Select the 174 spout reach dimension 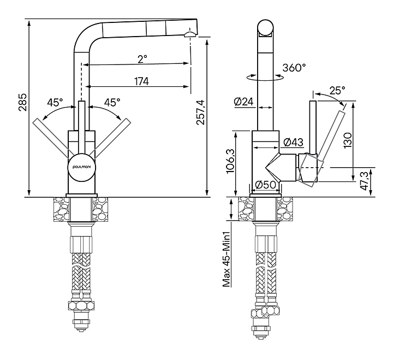tap(141, 81)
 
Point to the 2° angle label tap(142, 58)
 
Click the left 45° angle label tap(55, 102)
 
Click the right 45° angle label tap(111, 102)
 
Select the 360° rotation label tap(294, 68)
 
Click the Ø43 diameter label tap(294, 143)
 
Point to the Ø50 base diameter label tap(266, 185)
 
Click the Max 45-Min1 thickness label tap(224, 259)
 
